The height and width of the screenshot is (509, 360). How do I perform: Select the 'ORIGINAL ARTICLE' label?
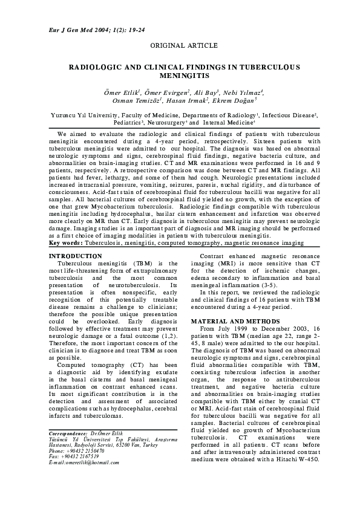[179, 46]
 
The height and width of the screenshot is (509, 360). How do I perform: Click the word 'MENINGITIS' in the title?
[180, 77]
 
